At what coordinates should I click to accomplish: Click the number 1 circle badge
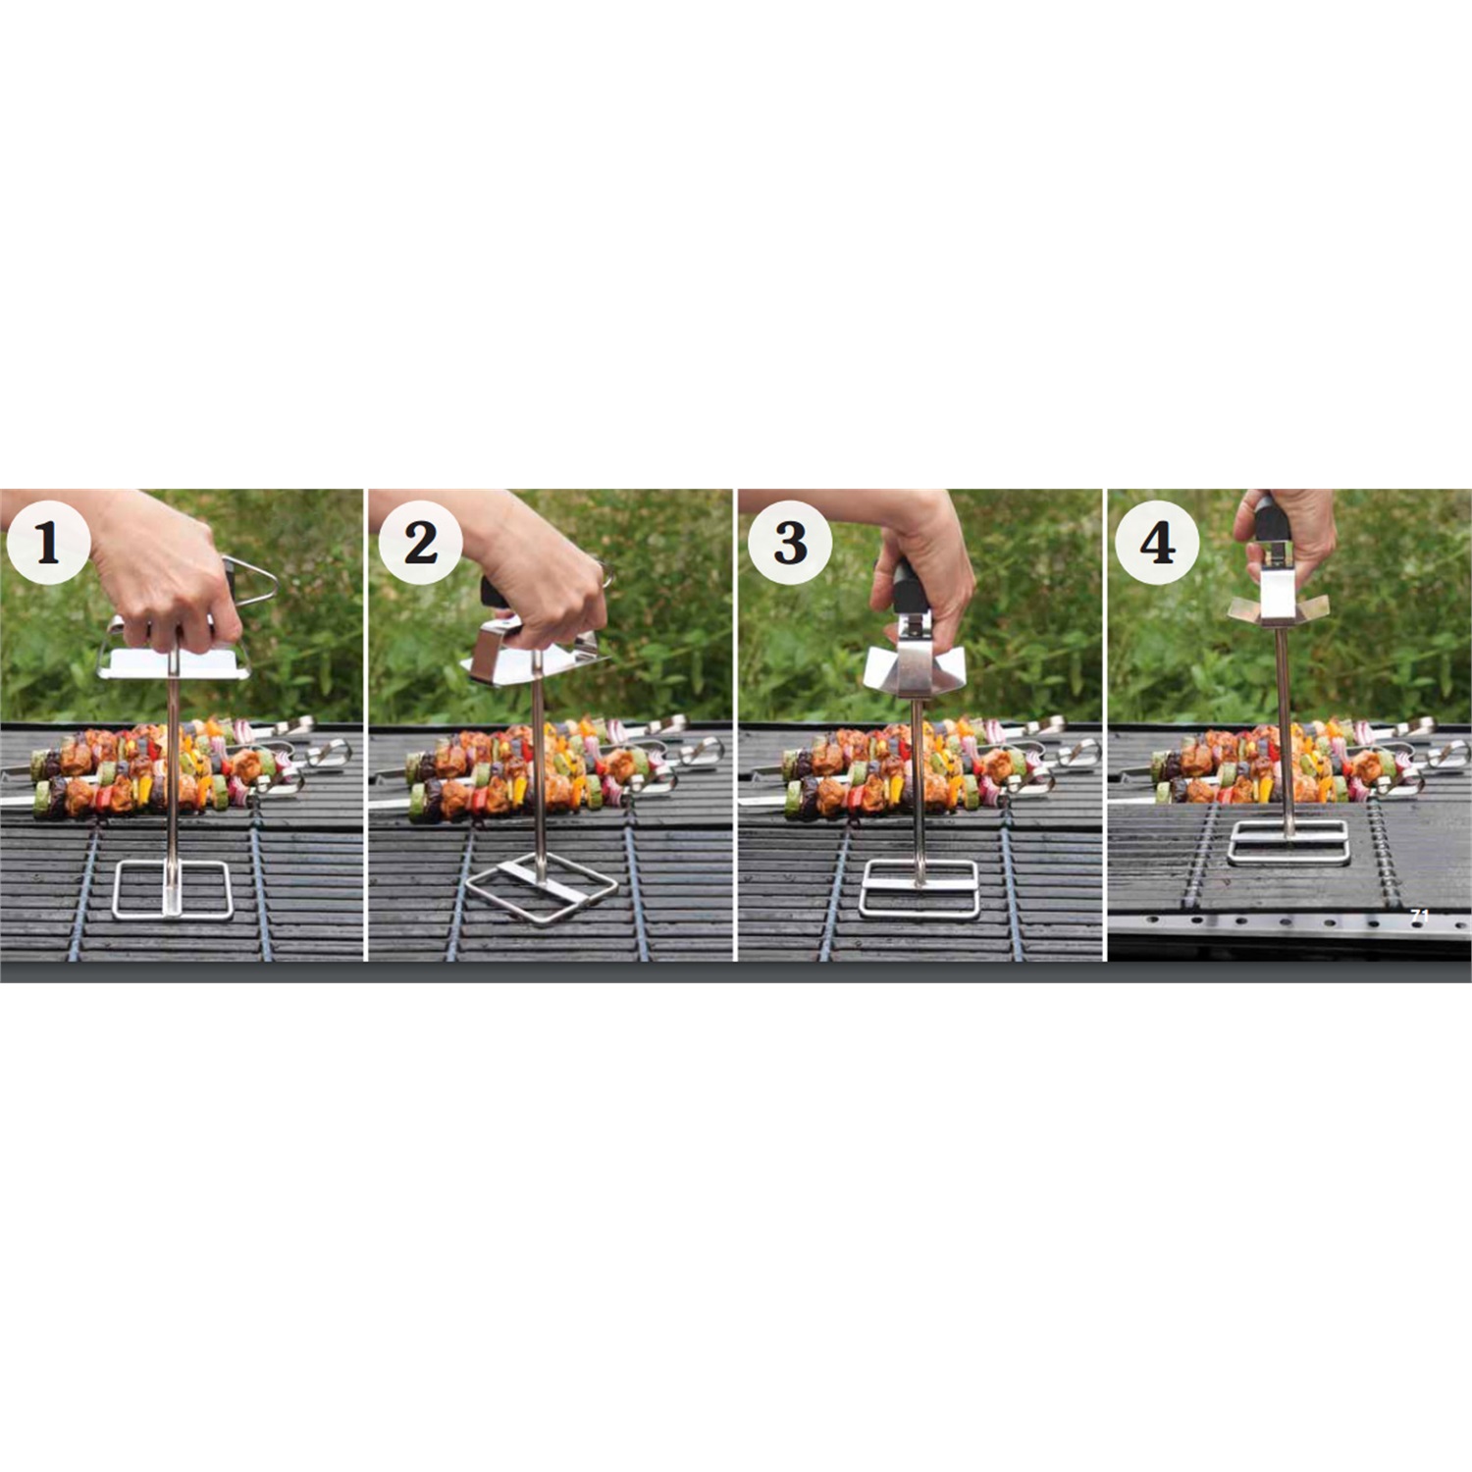(47, 542)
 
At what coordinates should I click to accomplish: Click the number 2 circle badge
(420, 542)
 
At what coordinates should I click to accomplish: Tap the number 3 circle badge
(790, 542)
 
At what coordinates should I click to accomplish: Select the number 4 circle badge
(1157, 542)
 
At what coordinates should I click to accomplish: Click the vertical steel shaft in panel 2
(539, 765)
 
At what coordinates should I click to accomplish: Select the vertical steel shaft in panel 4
(1284, 726)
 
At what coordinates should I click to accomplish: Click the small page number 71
(1419, 915)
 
